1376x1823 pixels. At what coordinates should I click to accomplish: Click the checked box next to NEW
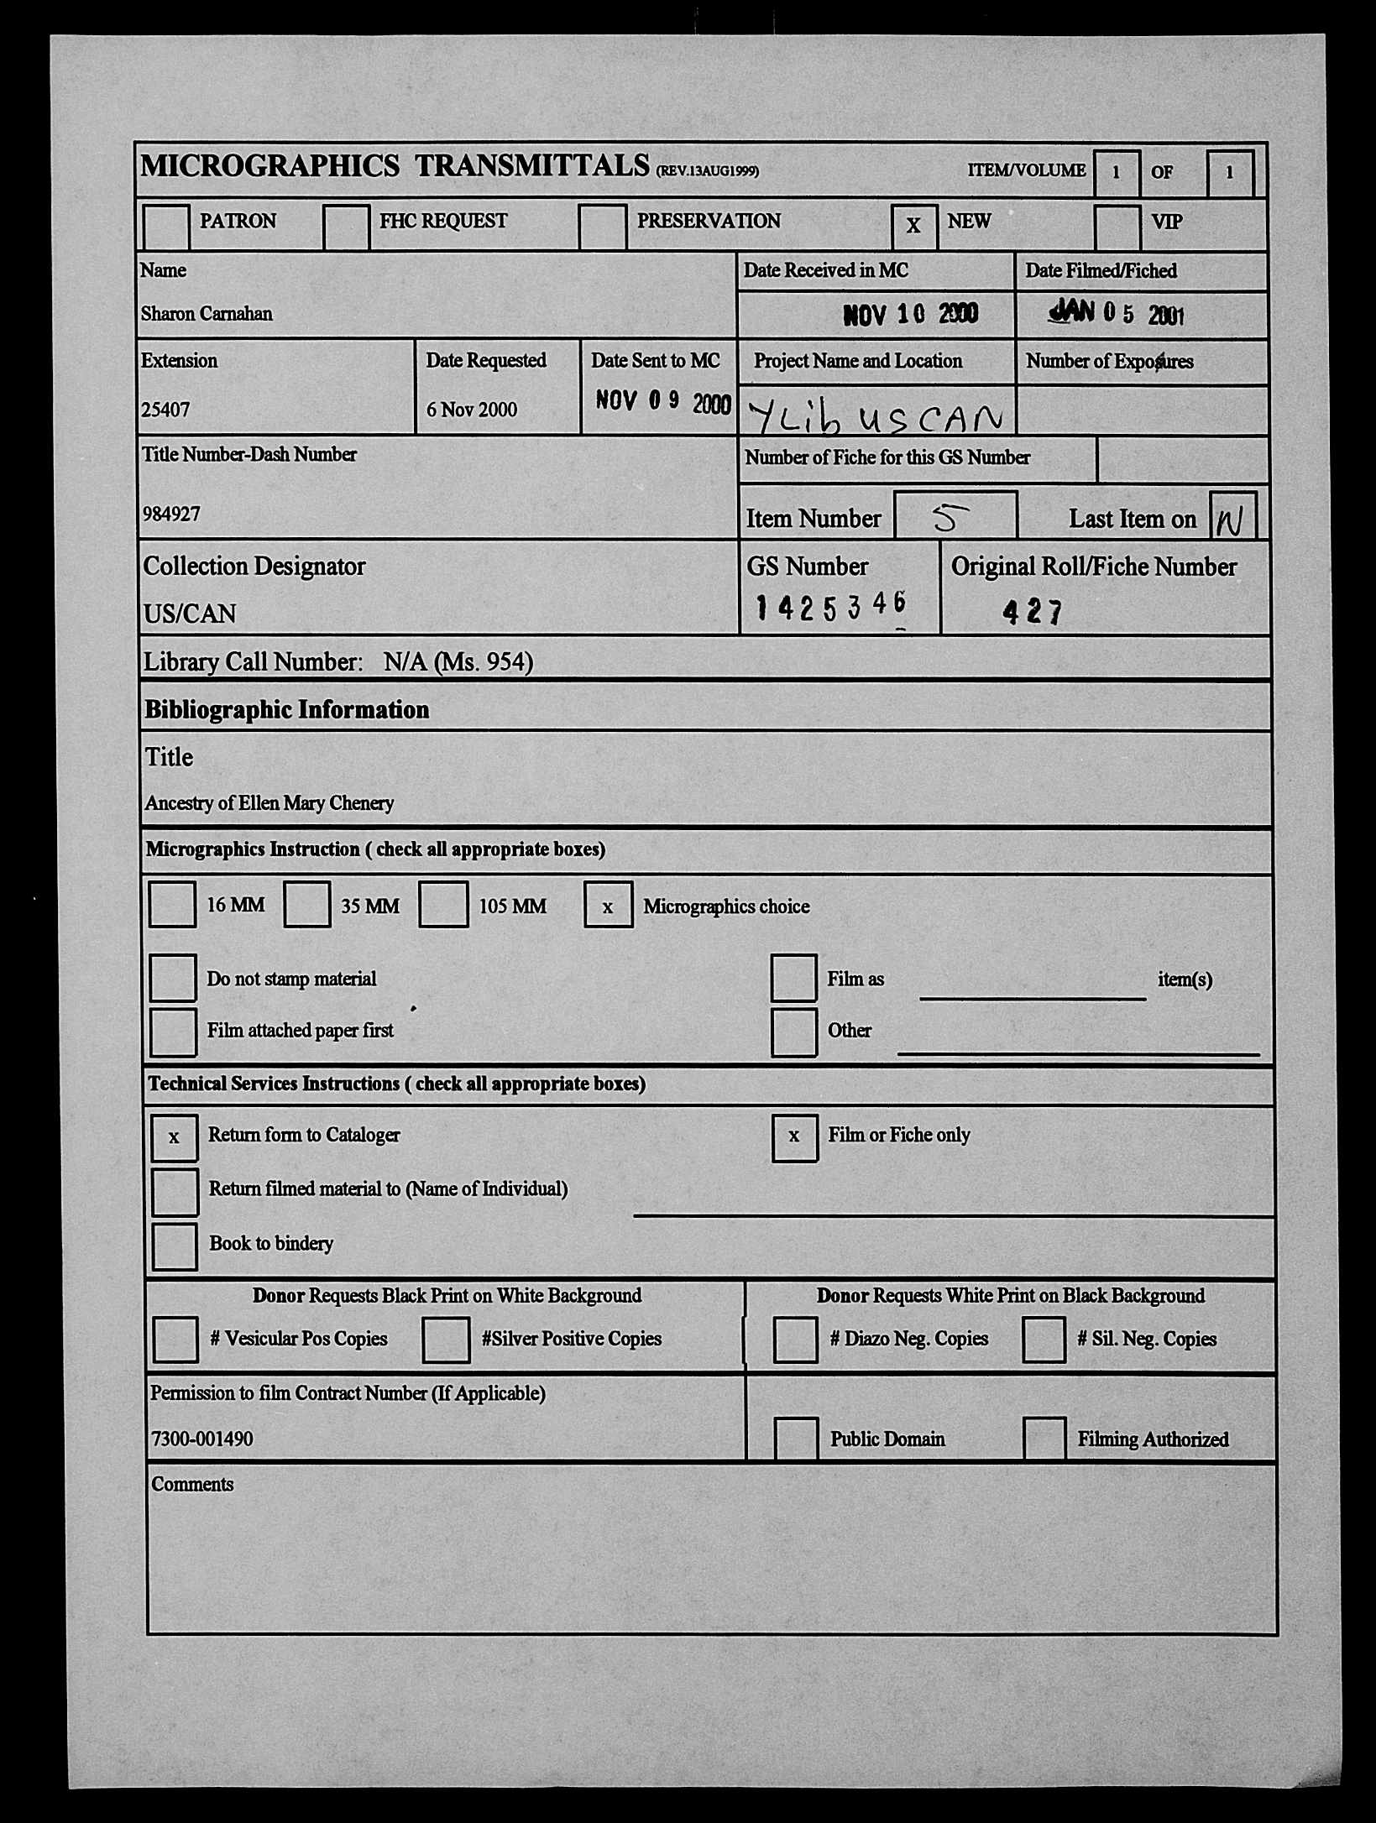click(x=913, y=226)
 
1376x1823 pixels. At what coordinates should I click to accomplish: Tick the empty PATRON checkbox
click(x=166, y=226)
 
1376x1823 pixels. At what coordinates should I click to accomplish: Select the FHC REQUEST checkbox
click(x=346, y=226)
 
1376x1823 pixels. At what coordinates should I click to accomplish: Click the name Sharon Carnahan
click(x=207, y=314)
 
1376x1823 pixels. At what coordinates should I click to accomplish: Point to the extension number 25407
click(x=165, y=410)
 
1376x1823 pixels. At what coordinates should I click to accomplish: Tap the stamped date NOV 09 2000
click(x=662, y=403)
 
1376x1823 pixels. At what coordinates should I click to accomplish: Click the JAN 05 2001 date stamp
click(x=1117, y=314)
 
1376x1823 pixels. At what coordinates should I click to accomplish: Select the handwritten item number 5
click(x=947, y=519)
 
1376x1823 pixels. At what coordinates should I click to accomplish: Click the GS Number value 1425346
click(x=830, y=606)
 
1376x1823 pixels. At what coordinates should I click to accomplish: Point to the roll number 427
click(x=1033, y=612)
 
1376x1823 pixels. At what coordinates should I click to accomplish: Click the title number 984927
click(x=171, y=515)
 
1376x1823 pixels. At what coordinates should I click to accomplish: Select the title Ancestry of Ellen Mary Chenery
click(x=269, y=803)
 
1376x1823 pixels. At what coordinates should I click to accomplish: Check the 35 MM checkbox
click(x=306, y=904)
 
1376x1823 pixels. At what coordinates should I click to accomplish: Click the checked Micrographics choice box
click(x=608, y=905)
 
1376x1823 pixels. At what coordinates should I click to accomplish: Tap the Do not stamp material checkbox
click(x=173, y=978)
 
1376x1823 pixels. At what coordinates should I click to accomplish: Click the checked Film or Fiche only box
click(x=794, y=1137)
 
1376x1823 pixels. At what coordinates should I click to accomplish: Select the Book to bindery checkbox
click(x=175, y=1246)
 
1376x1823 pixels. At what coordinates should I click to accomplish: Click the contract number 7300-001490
click(x=201, y=1439)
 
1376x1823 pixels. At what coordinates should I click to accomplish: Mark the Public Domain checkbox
click(x=795, y=1438)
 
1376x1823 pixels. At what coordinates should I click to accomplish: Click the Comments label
click(x=192, y=1484)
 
